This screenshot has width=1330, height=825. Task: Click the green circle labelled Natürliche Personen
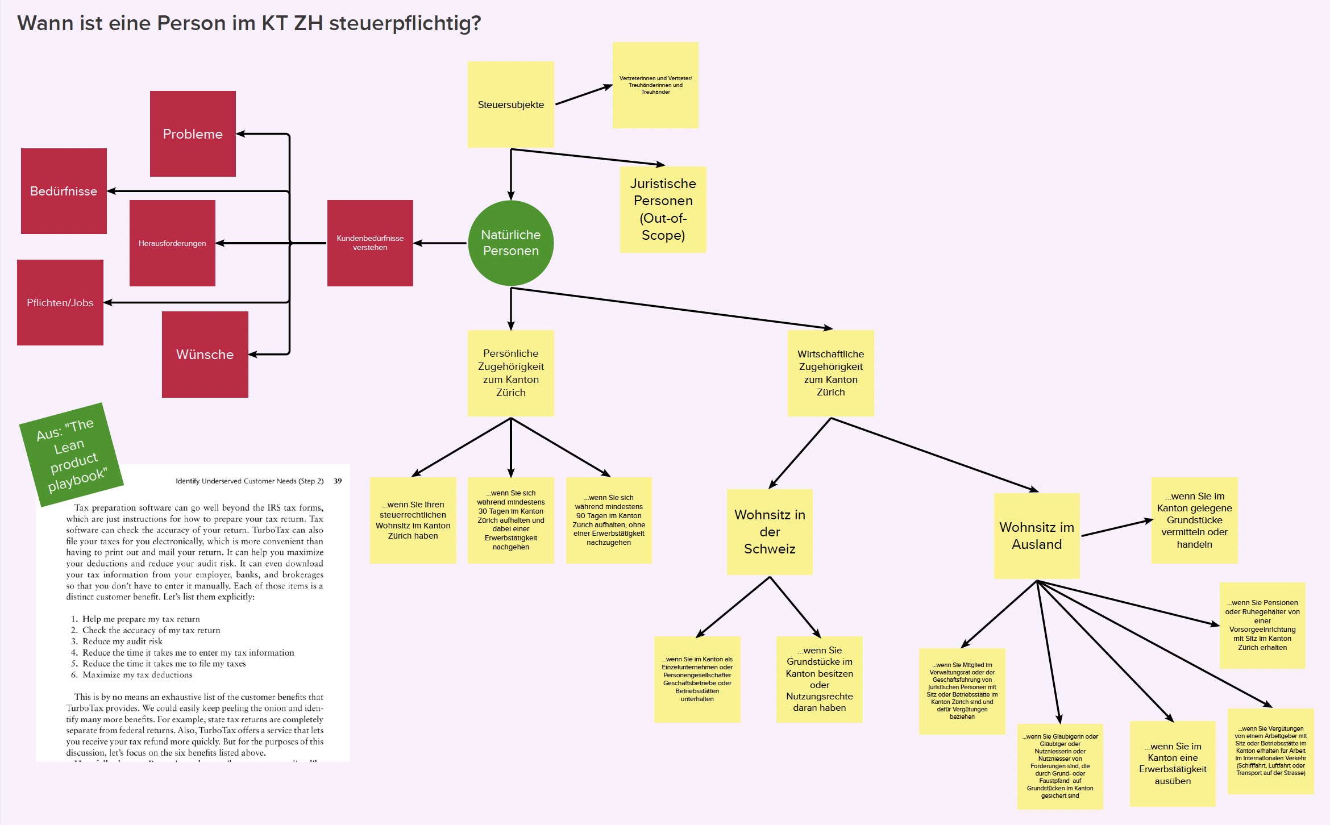(x=510, y=243)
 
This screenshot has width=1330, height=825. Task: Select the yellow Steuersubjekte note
(x=510, y=105)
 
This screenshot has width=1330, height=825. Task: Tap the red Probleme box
(x=193, y=134)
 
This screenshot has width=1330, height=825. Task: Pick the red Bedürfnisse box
(x=64, y=191)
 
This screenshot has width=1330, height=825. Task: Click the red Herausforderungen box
(x=172, y=243)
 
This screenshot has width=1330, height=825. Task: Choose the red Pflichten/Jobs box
(x=60, y=303)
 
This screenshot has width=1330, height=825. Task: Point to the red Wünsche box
(x=205, y=355)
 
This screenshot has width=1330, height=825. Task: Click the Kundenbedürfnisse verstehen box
(x=370, y=243)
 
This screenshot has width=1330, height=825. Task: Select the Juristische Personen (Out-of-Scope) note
(x=663, y=209)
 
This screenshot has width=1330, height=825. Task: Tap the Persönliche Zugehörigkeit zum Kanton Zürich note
(x=510, y=373)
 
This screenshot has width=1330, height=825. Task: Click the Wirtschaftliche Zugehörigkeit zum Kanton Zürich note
(x=830, y=373)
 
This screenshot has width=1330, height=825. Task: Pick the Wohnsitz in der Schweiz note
(x=770, y=532)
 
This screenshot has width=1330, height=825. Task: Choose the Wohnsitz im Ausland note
(x=1037, y=536)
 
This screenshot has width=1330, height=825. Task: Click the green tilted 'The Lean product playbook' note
(x=72, y=455)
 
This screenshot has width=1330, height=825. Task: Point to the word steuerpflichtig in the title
(x=405, y=23)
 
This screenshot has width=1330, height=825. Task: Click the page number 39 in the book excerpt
(x=338, y=481)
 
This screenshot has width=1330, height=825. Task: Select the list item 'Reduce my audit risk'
(x=122, y=641)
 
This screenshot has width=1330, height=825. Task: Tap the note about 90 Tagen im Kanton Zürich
(x=609, y=520)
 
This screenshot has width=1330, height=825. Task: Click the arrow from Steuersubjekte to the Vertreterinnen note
(x=583, y=95)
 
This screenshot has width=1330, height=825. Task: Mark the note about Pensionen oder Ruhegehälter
(x=1262, y=625)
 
